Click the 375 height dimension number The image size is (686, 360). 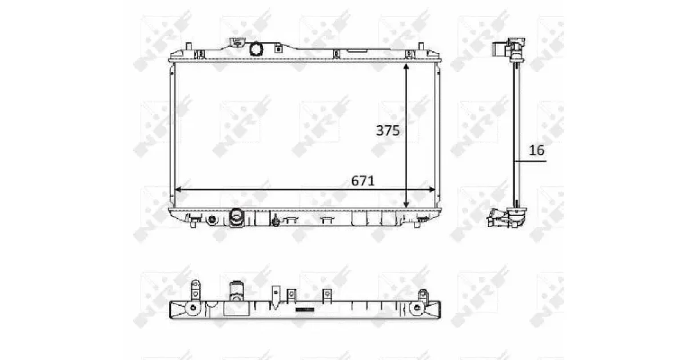click(388, 131)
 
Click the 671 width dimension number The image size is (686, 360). click(363, 181)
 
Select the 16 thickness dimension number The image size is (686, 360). click(537, 150)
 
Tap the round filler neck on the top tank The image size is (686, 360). click(256, 49)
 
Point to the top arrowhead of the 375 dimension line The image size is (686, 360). click(406, 67)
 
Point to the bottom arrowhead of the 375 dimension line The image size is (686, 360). click(406, 205)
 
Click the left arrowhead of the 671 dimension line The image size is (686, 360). click(178, 190)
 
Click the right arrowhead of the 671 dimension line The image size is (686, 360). click(432, 190)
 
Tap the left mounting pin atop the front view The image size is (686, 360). click(189, 46)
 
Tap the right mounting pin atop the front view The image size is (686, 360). click(421, 46)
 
